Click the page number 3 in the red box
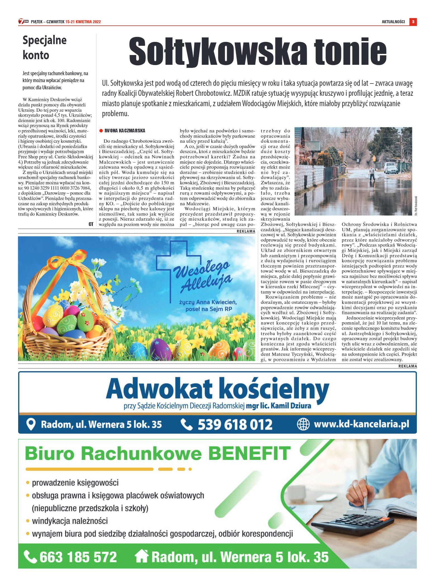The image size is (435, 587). (x=413, y=22)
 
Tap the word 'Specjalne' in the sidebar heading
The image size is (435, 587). (x=44, y=40)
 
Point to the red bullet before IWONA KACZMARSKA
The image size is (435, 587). (x=101, y=131)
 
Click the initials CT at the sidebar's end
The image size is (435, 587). (x=91, y=224)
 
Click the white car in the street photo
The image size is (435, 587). (x=391, y=168)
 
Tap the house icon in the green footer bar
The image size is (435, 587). (x=142, y=556)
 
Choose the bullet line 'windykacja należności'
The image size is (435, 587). (x=70, y=521)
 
